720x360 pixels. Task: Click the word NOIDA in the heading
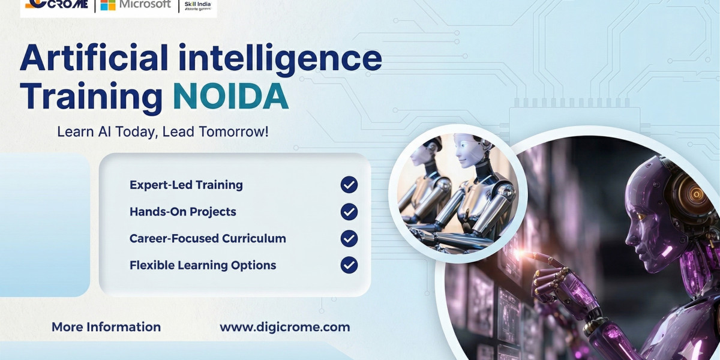click(x=230, y=97)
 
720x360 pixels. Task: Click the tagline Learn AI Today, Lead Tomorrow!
click(x=163, y=131)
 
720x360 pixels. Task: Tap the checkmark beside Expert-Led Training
click(x=349, y=185)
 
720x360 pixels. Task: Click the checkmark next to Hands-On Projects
click(x=349, y=211)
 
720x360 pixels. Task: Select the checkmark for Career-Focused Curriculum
click(x=349, y=238)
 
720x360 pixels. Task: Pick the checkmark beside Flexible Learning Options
click(x=349, y=265)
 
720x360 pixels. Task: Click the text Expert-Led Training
click(x=186, y=185)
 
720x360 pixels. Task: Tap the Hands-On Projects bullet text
click(x=182, y=212)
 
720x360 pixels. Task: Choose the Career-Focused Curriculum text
click(x=208, y=238)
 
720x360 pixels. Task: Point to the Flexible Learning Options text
click(x=203, y=265)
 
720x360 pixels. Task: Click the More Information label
click(x=106, y=327)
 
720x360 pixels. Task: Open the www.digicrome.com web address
click(x=284, y=327)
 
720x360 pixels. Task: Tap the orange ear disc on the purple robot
click(x=696, y=193)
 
